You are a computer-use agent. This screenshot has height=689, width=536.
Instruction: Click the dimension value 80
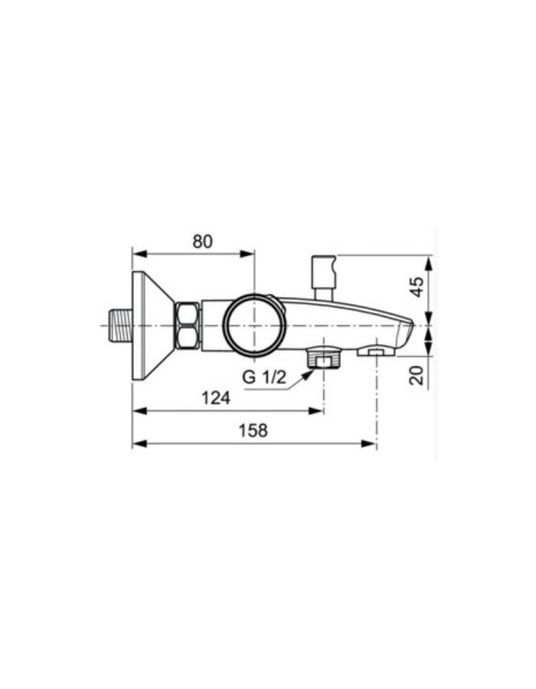point(202,241)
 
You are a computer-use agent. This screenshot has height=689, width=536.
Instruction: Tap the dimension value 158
point(253,431)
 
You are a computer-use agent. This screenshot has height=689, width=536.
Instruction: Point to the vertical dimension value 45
point(417,287)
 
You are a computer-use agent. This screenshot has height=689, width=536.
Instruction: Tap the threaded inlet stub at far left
point(116,325)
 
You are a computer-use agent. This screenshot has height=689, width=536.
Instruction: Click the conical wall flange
point(150,325)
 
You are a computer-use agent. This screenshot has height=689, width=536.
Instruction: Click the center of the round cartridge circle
point(254,325)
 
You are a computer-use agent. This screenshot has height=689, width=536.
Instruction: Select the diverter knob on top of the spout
point(322,276)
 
